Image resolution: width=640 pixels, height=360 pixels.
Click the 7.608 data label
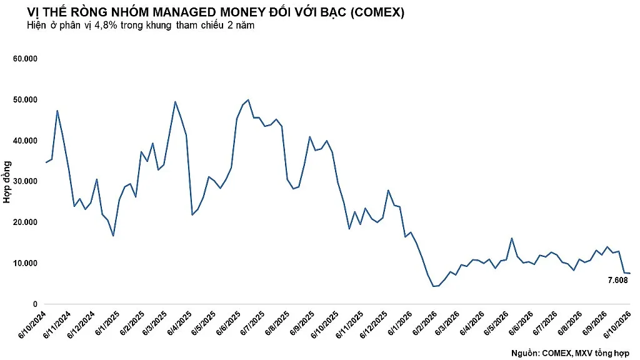(x=617, y=281)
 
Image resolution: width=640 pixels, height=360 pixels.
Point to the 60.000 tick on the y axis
(x=25, y=59)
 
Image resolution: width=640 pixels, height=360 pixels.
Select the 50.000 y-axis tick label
(x=25, y=99)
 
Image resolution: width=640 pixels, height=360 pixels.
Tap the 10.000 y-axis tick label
(x=25, y=263)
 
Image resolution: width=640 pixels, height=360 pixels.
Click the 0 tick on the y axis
(x=35, y=304)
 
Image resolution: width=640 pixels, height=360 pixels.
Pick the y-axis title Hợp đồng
(x=7, y=182)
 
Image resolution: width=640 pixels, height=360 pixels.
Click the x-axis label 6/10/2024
(x=33, y=324)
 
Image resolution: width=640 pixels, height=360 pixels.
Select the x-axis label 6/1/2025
(x=107, y=323)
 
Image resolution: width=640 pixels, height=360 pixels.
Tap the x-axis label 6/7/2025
(x=253, y=323)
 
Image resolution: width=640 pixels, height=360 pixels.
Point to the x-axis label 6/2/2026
(x=425, y=323)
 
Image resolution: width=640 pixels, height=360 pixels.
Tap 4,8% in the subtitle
(x=106, y=25)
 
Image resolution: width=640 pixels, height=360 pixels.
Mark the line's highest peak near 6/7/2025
(x=248, y=99)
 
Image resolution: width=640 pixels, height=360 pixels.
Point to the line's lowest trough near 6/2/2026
(x=434, y=286)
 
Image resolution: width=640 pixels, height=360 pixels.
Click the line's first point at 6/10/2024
(x=46, y=162)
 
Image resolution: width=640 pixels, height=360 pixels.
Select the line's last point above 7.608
(x=629, y=273)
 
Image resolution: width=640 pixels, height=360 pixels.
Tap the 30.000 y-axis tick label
(x=25, y=181)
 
